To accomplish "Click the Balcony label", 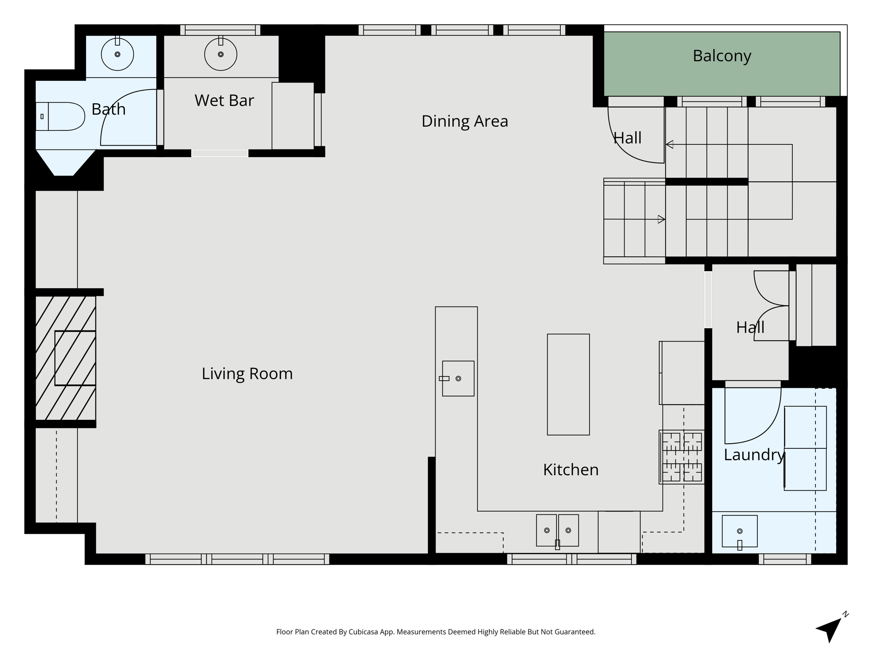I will point(722,56).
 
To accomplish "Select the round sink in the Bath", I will point(118,54).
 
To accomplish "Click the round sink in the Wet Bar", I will point(221,54).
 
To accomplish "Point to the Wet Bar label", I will point(224,100).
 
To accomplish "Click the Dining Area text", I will point(465,121).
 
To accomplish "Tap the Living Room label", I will point(247,374).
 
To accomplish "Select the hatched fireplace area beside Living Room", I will point(65,358).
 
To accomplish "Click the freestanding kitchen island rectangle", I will point(568,384).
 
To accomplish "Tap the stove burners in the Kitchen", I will point(682,457).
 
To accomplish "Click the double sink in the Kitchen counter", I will point(557,530).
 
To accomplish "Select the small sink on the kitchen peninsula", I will point(458,379).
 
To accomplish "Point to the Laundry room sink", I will point(740,531).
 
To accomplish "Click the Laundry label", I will point(754,455).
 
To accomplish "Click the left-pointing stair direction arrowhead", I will point(669,144).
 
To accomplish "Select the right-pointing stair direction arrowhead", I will point(661,219).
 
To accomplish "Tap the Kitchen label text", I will point(571,470).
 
